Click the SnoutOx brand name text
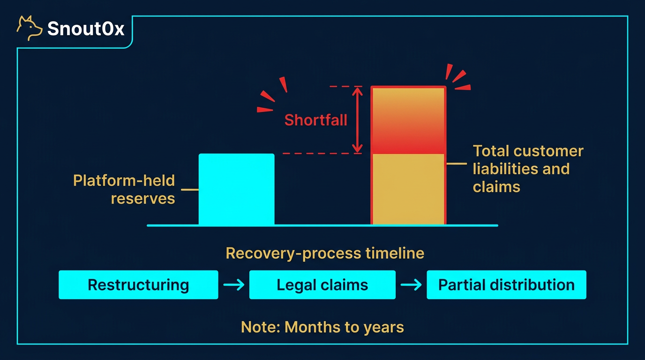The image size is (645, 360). [x=86, y=29]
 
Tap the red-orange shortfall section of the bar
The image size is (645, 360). [x=408, y=120]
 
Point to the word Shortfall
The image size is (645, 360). [x=315, y=120]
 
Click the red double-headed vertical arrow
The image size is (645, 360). [x=358, y=120]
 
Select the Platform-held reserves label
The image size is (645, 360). [x=124, y=189]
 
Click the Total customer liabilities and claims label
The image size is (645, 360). [x=528, y=169]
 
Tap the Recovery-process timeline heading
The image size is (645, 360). [x=325, y=254]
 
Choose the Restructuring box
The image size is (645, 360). [x=138, y=285]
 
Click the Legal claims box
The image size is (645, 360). [x=322, y=285]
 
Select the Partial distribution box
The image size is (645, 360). [x=506, y=285]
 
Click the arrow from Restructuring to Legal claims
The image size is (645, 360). [x=233, y=285]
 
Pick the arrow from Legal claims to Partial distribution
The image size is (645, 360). [x=411, y=285]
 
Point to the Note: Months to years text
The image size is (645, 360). [x=322, y=327]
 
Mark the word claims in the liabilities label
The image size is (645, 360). [x=496, y=187]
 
